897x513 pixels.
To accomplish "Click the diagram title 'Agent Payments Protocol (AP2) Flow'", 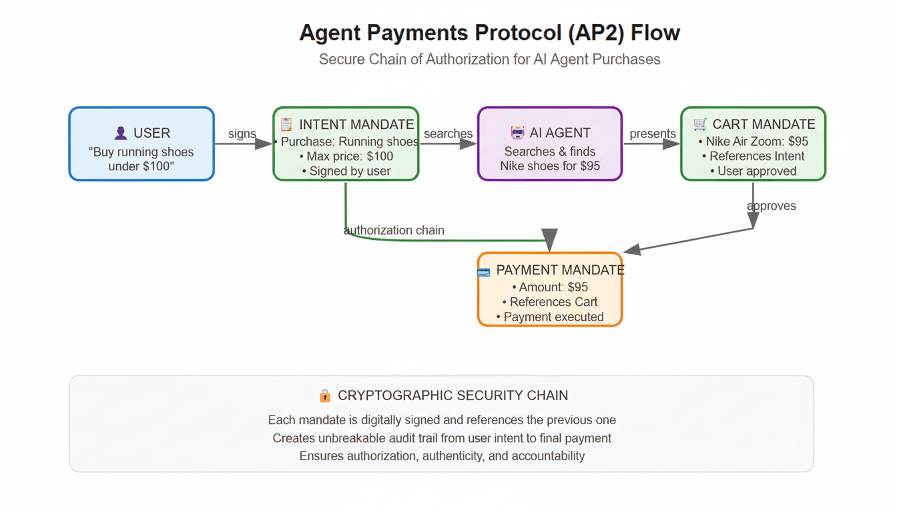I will (489, 33).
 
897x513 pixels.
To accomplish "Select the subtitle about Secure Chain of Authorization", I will (489, 59).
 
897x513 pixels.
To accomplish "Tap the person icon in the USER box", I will (121, 134).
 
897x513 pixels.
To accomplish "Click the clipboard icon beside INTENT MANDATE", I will (286, 124).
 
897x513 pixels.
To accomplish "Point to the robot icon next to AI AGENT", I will (517, 133).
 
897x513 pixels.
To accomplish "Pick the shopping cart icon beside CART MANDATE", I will (700, 124).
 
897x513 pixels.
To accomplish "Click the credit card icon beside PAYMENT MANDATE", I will (484, 271).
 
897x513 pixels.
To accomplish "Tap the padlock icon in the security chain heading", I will (325, 396).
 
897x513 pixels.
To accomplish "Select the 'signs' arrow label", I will (242, 134).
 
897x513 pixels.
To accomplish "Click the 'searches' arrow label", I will (448, 134).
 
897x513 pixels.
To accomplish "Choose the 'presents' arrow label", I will (652, 134).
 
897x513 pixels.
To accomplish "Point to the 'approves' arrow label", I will (772, 206).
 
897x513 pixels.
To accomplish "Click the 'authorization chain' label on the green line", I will (394, 230).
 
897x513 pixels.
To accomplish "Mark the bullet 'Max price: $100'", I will (346, 156).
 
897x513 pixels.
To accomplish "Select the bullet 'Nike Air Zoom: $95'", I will (753, 142).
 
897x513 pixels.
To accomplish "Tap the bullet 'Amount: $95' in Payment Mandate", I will (550, 287).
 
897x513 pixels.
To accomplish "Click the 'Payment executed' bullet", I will (550, 317).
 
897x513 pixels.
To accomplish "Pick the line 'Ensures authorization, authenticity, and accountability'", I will (442, 456).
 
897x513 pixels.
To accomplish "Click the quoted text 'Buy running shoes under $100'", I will (141, 159).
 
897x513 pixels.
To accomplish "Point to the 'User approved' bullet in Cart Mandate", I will (753, 171).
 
